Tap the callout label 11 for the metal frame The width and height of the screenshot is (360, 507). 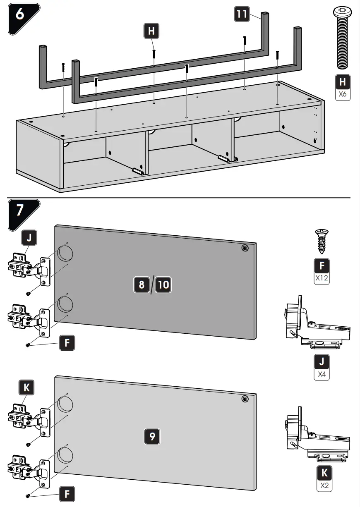[x=242, y=15]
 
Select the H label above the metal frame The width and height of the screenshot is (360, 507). [x=152, y=31]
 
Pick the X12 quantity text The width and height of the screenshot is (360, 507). [x=322, y=278]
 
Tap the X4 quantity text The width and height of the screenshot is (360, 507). [x=322, y=375]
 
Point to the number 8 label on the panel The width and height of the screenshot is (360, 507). [x=142, y=285]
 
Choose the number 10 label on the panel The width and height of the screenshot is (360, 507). [x=163, y=285]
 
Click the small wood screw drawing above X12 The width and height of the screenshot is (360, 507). [x=322, y=240]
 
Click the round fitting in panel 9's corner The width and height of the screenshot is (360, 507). [x=245, y=399]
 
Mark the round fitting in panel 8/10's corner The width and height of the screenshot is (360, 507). [x=245, y=248]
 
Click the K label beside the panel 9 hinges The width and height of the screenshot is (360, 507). [x=27, y=387]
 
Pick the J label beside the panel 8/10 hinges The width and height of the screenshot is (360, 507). [x=29, y=238]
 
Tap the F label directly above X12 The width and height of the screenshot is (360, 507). [x=322, y=265]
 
